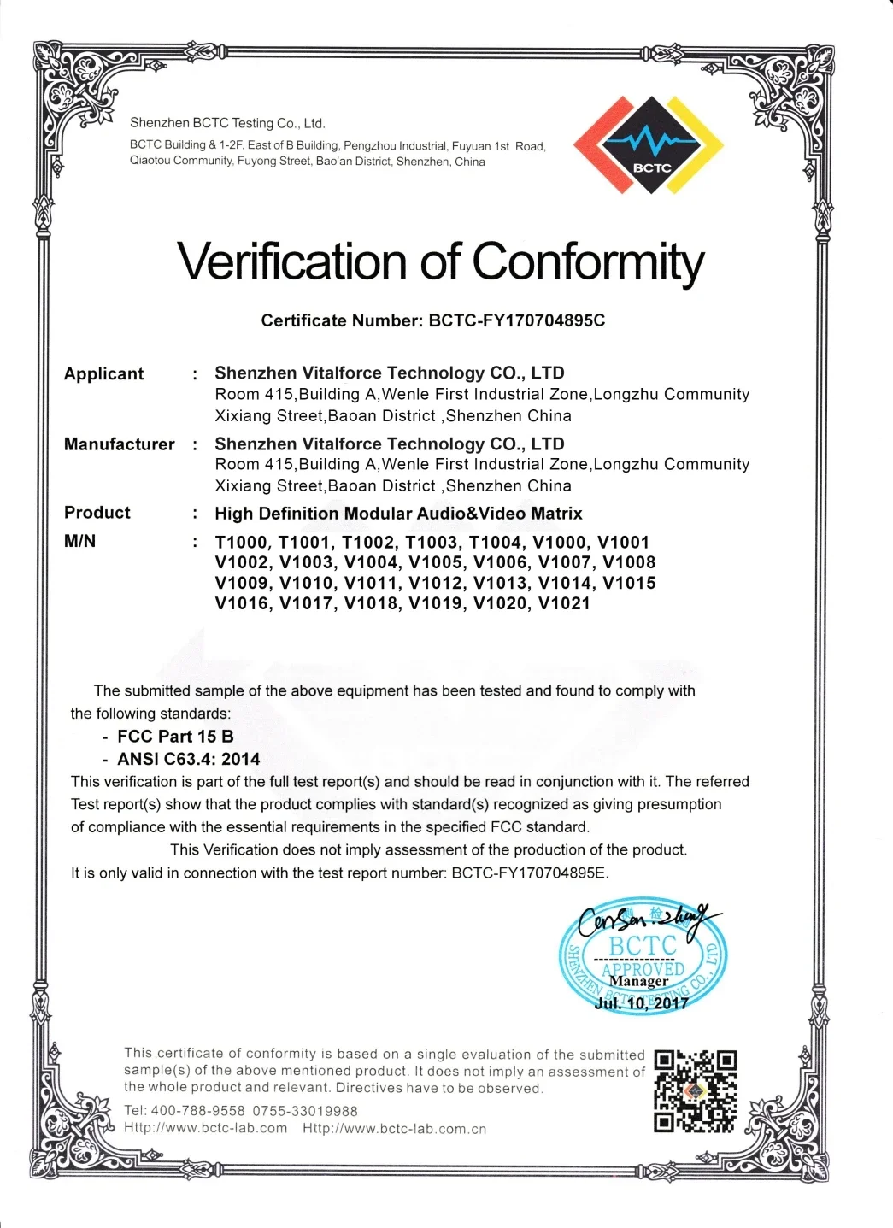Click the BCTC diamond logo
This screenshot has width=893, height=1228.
(649, 143)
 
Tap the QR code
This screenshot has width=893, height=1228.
(695, 1090)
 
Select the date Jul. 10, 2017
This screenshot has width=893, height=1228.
(641, 1003)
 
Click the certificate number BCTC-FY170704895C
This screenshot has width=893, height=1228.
(517, 320)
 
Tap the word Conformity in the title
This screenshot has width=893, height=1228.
(588, 261)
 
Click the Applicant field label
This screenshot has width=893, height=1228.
(103, 373)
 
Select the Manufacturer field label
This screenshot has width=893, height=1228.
(119, 444)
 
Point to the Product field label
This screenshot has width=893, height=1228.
(97, 513)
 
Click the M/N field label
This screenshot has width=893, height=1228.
(79, 541)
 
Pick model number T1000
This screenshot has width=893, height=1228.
(243, 543)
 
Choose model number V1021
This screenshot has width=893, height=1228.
(564, 603)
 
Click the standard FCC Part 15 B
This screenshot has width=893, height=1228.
(175, 737)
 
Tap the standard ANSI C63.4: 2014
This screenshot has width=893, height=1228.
(188, 759)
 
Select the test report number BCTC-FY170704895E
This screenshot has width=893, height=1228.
(529, 873)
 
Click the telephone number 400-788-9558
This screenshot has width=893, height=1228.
(197, 1111)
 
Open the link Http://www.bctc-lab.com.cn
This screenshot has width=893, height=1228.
(394, 1129)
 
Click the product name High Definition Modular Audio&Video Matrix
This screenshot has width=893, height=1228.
(398, 514)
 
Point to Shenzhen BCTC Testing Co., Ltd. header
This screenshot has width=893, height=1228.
(227, 123)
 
